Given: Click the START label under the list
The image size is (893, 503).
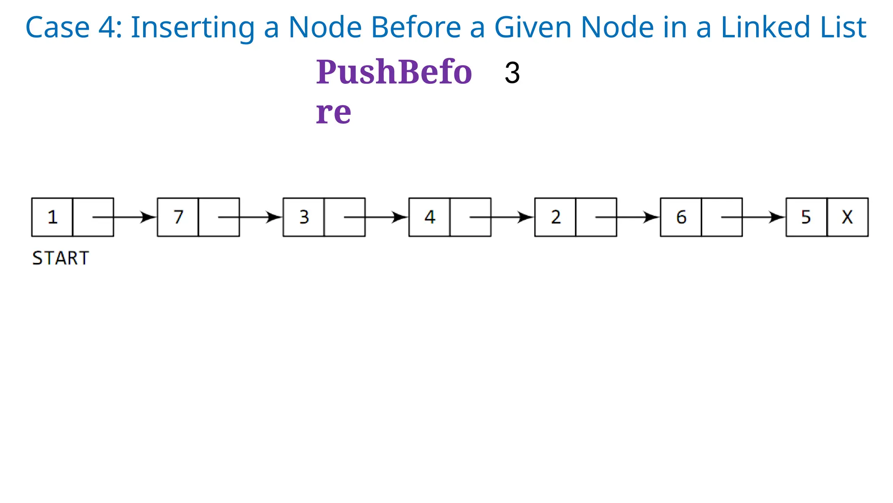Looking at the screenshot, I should [61, 258].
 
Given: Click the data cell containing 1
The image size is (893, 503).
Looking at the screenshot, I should [52, 217].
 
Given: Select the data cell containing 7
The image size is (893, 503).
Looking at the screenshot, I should [178, 217].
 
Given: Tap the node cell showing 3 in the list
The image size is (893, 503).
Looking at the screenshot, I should [304, 217].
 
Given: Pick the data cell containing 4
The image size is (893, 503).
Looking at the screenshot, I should [429, 217].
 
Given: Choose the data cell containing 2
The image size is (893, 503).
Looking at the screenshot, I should [555, 217].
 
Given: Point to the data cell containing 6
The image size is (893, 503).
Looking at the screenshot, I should [681, 217].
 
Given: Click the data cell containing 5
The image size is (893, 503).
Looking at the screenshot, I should [806, 217].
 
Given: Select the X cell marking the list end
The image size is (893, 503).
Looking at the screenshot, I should [847, 217].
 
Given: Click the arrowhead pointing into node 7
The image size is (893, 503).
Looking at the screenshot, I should [148, 217].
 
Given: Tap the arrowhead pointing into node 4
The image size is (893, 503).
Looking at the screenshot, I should [400, 217].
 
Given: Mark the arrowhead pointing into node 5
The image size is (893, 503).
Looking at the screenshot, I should [777, 217].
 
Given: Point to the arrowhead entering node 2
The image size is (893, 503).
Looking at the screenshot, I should [525, 217].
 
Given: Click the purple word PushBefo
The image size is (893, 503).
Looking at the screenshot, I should [394, 72].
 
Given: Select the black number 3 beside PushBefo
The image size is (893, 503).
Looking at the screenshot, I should [512, 73].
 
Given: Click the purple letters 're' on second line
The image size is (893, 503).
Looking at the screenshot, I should [333, 113].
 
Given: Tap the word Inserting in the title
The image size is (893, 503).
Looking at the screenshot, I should [192, 27].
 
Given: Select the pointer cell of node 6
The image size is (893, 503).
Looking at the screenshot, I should [722, 217].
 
